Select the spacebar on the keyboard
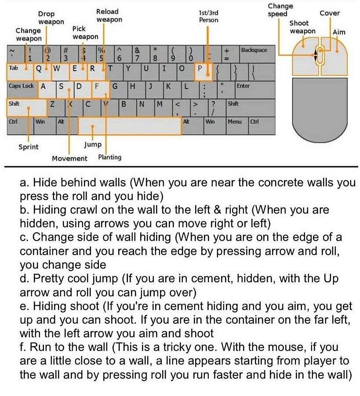tap(130, 126)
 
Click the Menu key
tap(234, 122)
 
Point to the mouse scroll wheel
tap(320, 55)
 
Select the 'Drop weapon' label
tap(51, 18)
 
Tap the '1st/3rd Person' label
tap(208, 16)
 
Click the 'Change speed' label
tap(280, 10)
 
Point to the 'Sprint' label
tap(28, 147)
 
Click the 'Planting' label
tap(110, 157)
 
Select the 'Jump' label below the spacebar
tap(92, 144)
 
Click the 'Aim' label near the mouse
tap(339, 32)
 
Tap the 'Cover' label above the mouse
tap(329, 13)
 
